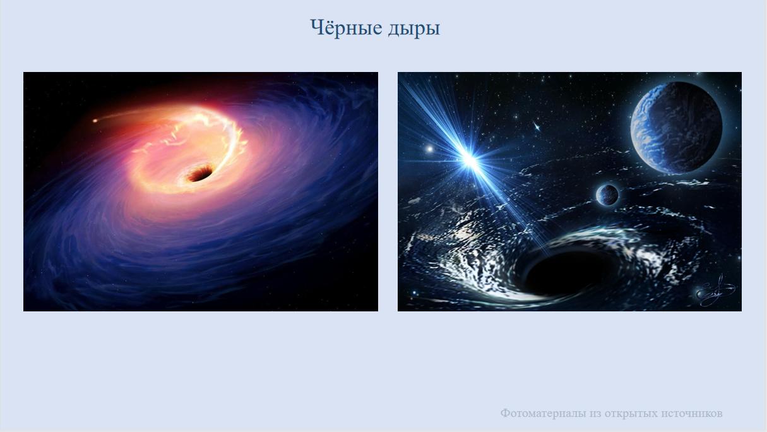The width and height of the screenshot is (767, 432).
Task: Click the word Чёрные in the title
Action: (x=346, y=28)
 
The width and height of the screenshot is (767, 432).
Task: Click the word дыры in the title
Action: (x=414, y=30)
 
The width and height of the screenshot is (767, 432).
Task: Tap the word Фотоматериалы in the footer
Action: (x=543, y=413)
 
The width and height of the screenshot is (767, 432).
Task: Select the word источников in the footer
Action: (x=691, y=414)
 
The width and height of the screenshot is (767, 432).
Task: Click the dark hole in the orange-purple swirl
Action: (x=199, y=173)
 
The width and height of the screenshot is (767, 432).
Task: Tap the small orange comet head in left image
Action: (x=95, y=121)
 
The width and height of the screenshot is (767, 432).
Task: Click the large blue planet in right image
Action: (x=676, y=128)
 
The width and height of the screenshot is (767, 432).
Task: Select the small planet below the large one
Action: (x=607, y=195)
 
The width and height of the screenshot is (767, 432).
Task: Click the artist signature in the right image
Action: (x=715, y=291)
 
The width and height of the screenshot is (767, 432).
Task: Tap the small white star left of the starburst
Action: (x=429, y=149)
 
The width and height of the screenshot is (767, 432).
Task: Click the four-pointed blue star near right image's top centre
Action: (x=537, y=127)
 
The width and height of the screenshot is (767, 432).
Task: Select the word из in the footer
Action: (x=595, y=414)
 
